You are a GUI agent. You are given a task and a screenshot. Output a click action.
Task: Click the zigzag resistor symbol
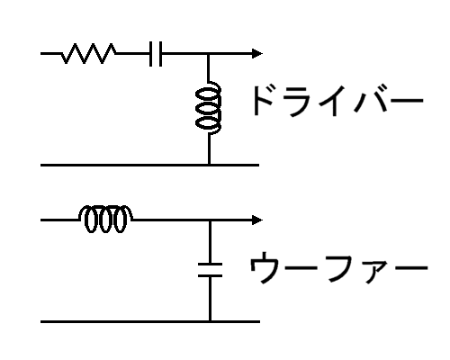pyautogui.click(x=89, y=54)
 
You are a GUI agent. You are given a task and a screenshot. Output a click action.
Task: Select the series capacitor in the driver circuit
pyautogui.click(x=156, y=54)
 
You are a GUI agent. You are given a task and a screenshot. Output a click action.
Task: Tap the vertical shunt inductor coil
pyautogui.click(x=209, y=108)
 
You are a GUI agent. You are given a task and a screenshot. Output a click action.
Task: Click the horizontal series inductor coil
pyautogui.click(x=106, y=219)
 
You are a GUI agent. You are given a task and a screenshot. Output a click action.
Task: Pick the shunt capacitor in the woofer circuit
pyautogui.click(x=210, y=270)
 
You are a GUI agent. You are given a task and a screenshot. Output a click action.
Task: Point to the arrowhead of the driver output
pyautogui.click(x=257, y=54)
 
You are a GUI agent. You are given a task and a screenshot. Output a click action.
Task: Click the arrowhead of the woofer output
pyautogui.click(x=257, y=220)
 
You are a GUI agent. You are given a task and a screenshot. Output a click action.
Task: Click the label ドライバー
pyautogui.click(x=338, y=101)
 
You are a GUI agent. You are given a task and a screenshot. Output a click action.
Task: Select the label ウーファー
pyautogui.click(x=338, y=267)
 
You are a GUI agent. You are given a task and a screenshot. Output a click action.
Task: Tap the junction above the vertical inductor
pyautogui.click(x=209, y=54)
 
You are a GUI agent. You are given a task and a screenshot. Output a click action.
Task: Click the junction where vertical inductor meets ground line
pyautogui.click(x=209, y=165)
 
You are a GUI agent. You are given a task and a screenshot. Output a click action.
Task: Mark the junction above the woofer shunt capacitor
pyautogui.click(x=210, y=220)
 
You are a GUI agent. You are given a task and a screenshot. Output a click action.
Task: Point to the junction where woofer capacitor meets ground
pyautogui.click(x=210, y=321)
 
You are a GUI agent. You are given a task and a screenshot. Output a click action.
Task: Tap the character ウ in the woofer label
pyautogui.click(x=264, y=267)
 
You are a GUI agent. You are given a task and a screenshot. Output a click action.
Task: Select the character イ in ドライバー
pyautogui.click(x=332, y=102)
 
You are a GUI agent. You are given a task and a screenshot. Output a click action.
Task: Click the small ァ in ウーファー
pyautogui.click(x=375, y=272)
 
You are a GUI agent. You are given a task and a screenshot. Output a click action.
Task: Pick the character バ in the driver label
pyautogui.click(x=371, y=100)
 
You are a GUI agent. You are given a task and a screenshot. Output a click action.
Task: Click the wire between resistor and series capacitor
pyautogui.click(x=133, y=54)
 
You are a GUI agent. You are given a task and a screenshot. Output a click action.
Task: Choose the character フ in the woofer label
pyautogui.click(x=343, y=268)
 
